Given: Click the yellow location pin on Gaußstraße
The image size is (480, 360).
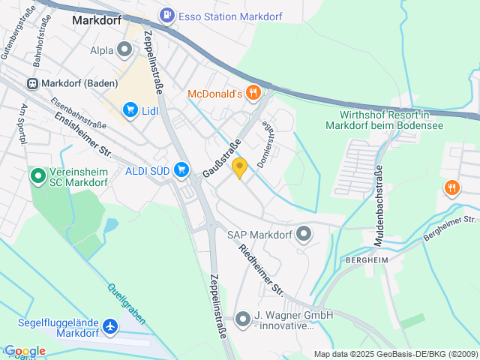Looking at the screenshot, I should tap(239, 167).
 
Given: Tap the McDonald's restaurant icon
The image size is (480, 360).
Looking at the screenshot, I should tap(254, 93).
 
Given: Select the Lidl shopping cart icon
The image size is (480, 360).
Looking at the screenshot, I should tap(130, 110).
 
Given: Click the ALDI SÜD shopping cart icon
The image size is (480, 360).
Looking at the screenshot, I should tap(181, 170).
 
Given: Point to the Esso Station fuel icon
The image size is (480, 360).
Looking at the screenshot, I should tap(166, 13).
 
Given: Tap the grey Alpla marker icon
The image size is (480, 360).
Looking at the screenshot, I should tap(124, 49).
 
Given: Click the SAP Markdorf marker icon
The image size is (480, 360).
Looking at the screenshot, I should tap(304, 235).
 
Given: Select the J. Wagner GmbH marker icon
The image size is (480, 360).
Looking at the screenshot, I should tap(242, 319).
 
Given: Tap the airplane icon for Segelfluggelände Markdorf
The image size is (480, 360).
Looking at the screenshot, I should tap(111, 327).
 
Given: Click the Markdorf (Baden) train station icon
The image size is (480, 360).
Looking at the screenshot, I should tap(32, 83).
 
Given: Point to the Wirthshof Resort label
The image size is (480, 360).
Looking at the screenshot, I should tap(383, 120).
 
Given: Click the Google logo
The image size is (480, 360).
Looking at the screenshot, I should tap(25, 350).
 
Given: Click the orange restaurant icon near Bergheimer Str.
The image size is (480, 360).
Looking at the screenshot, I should tap(451, 187).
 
